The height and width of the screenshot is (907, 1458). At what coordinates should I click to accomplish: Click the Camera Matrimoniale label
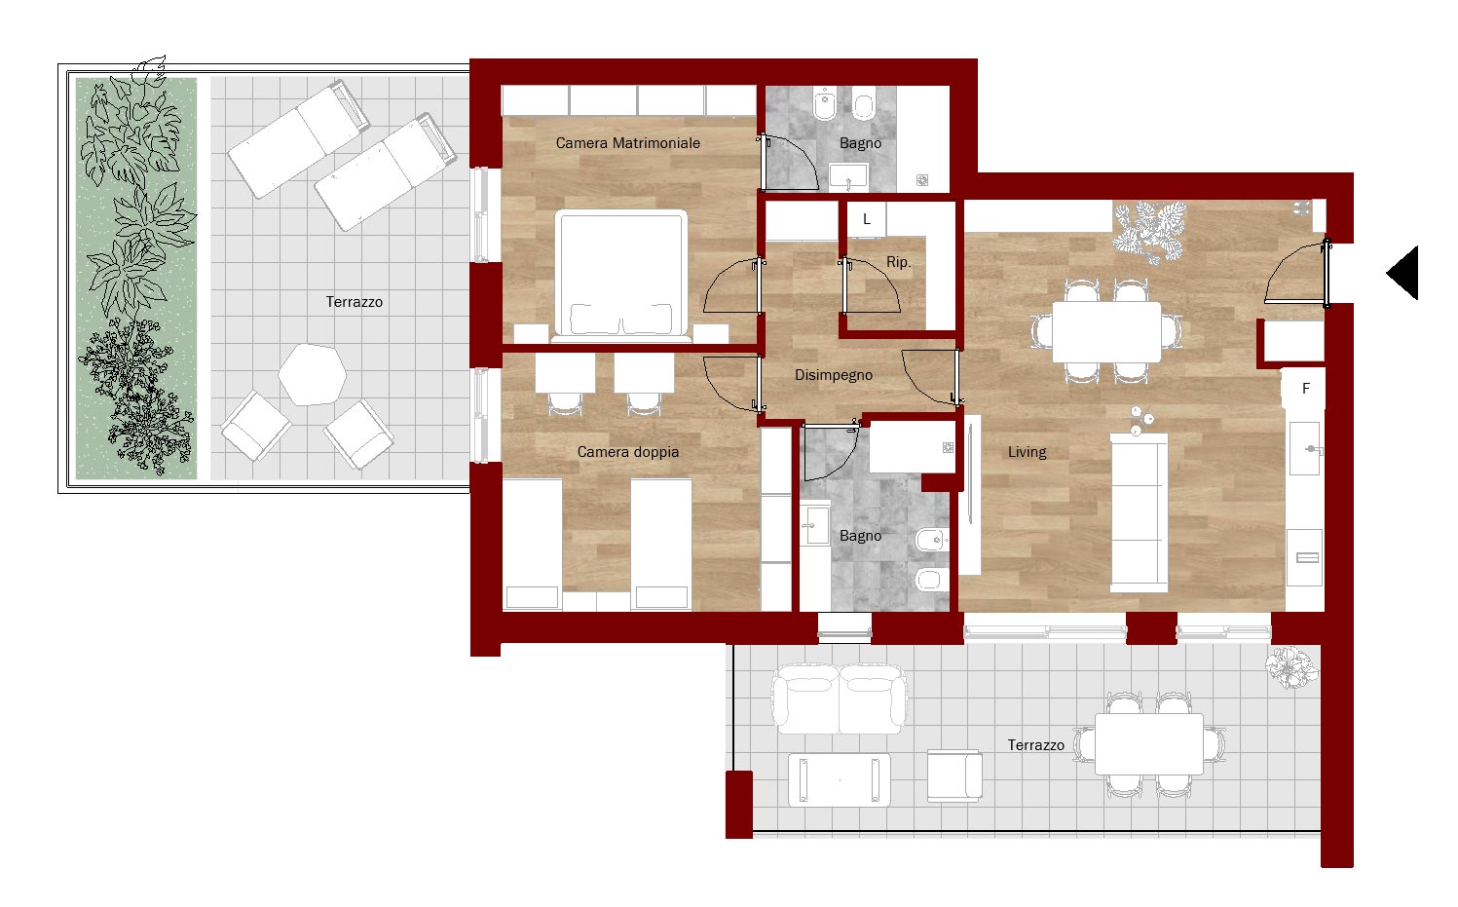click(627, 143)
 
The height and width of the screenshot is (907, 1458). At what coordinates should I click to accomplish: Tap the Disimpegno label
click(833, 375)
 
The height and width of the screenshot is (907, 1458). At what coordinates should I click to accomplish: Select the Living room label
click(1028, 452)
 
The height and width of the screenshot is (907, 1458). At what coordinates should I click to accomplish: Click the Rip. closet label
click(898, 262)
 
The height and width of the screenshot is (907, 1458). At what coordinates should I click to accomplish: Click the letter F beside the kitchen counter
click(1306, 389)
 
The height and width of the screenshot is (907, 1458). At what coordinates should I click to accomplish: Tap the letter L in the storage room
click(867, 219)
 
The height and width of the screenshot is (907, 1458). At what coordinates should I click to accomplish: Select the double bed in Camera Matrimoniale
click(621, 276)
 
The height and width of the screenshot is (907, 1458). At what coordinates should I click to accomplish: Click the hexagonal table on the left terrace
click(312, 375)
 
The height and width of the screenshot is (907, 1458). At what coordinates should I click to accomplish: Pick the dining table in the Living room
click(1106, 332)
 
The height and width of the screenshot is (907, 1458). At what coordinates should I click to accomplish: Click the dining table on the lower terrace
click(1149, 744)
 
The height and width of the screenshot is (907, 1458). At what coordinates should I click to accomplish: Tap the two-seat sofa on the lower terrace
click(840, 699)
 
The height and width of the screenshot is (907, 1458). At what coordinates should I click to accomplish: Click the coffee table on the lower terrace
click(839, 780)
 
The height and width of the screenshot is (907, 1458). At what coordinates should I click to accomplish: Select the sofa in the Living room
click(1139, 513)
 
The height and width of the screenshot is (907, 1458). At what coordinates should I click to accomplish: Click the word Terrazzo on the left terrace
click(355, 302)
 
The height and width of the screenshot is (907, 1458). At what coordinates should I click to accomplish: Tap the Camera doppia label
click(627, 452)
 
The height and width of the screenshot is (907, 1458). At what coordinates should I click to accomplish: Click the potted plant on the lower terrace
click(1291, 667)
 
